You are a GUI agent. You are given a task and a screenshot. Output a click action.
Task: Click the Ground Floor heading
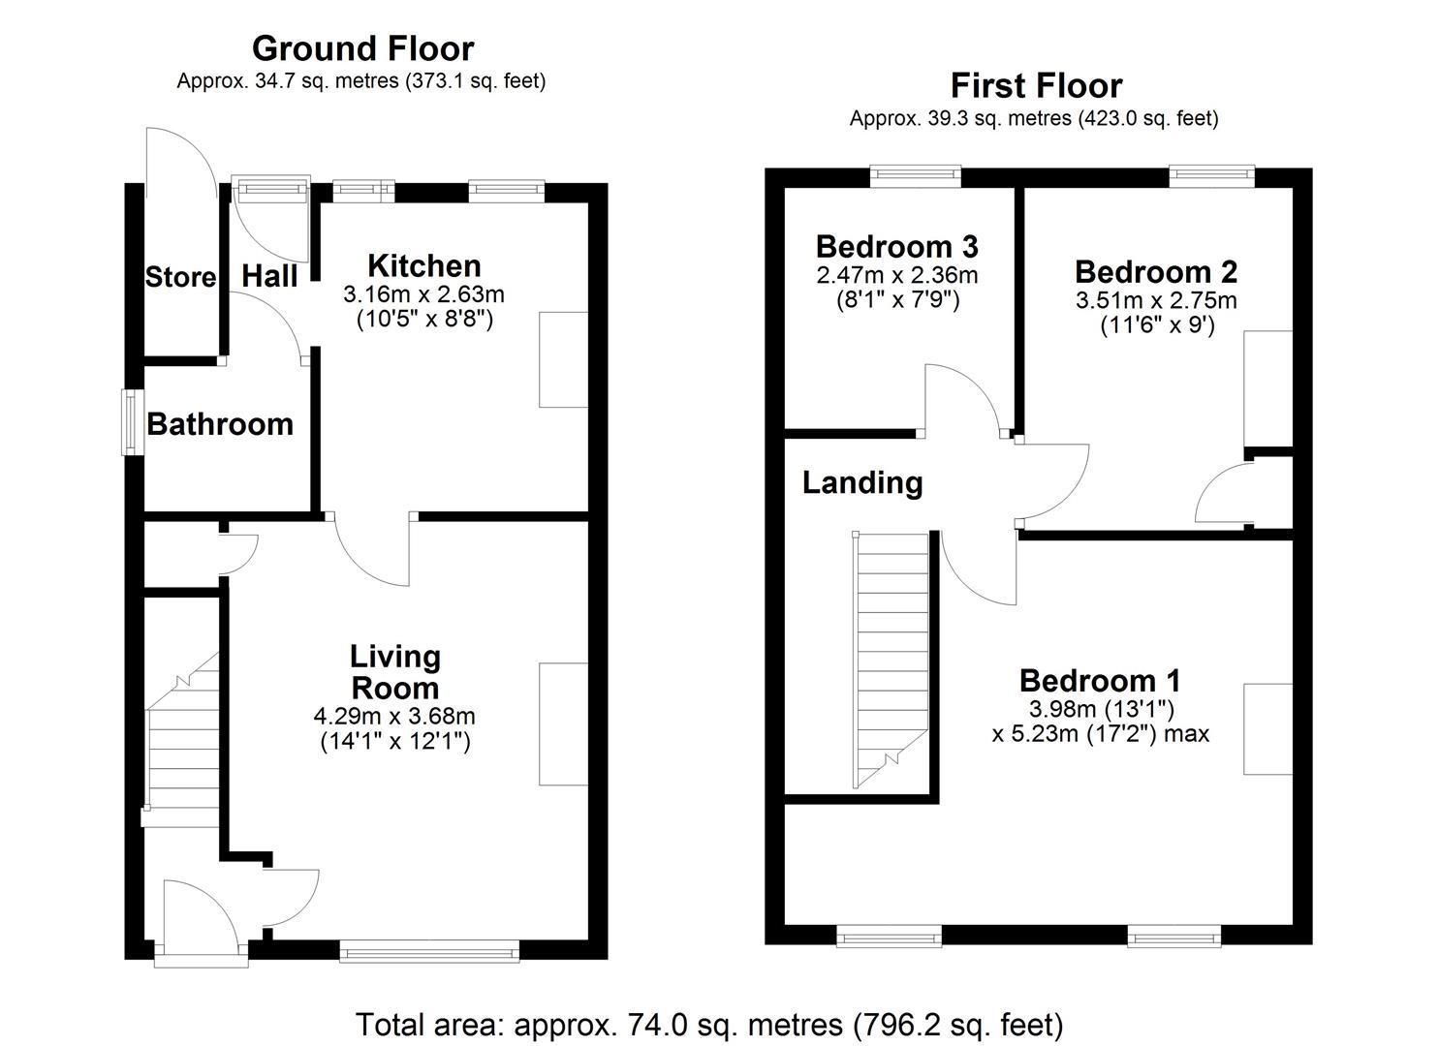362,48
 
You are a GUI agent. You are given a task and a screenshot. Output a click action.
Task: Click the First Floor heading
1035,86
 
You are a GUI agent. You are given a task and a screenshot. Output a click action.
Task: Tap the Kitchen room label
424,265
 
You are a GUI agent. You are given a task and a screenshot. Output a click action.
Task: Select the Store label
180,278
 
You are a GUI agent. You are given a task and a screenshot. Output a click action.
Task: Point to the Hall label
269,277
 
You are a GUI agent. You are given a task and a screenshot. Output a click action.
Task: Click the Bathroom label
220,424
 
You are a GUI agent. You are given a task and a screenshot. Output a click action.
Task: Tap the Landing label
861,482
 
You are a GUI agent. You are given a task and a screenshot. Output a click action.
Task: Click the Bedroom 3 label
896,246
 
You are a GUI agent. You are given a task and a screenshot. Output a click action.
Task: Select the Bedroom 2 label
1156,272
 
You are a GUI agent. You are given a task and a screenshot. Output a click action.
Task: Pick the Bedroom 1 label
1100,681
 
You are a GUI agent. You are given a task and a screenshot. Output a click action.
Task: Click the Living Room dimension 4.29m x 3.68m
394,717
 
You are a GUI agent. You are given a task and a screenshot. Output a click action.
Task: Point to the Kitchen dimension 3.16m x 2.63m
423,293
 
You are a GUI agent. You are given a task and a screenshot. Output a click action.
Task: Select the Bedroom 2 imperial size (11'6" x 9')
1156,325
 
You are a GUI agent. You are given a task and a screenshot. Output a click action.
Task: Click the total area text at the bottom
709,1024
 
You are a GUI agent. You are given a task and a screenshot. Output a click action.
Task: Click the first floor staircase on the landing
891,659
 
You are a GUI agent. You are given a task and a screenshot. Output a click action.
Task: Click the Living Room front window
429,953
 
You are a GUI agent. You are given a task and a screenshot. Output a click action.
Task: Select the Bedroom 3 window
915,175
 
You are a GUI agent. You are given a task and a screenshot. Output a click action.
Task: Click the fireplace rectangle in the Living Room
563,723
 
